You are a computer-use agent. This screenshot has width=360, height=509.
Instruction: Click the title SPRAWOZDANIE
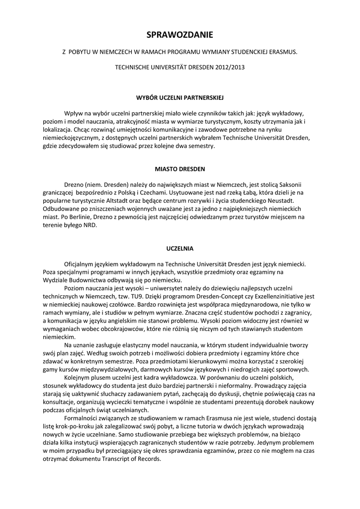coord(180,35)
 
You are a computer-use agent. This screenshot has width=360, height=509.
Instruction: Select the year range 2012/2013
coord(228,66)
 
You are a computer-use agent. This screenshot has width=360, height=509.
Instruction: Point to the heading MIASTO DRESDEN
coord(180,169)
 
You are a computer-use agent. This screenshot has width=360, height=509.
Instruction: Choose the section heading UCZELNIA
coord(180,248)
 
